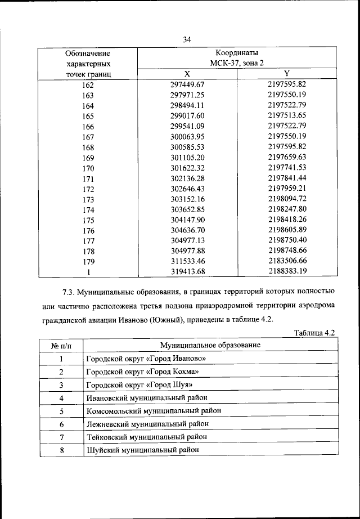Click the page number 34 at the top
[187, 39]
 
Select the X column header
[187, 74]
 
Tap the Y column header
[286, 74]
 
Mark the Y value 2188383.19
[287, 272]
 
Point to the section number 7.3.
[68, 293]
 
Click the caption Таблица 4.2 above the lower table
[314, 334]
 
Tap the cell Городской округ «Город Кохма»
[143, 372]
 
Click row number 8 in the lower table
[61, 450]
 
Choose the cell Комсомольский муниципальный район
[154, 411]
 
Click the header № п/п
[61, 344]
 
